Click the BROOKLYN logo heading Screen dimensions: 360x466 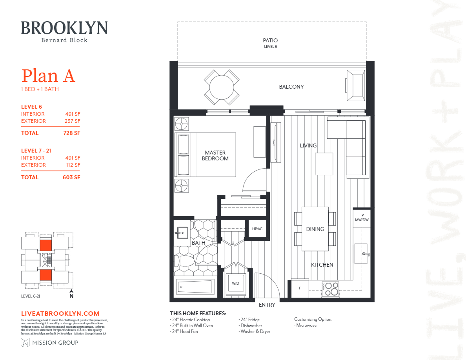[64, 28]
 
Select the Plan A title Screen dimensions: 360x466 [48, 76]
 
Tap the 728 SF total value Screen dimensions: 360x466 [72, 133]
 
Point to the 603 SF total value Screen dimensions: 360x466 [72, 177]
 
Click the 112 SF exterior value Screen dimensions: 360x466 [72, 165]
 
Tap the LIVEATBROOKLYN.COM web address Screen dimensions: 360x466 [60, 314]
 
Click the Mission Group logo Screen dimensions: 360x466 [49, 343]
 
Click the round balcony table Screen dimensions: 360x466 [222, 87]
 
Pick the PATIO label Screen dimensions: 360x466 [270, 40]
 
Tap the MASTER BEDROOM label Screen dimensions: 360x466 [215, 156]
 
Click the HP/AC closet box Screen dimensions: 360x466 [257, 229]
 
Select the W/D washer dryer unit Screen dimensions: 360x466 [235, 283]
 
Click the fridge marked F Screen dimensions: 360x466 [300, 288]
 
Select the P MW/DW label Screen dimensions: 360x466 [362, 218]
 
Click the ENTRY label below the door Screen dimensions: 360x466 [267, 305]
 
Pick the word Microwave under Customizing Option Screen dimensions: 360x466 [306, 325]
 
